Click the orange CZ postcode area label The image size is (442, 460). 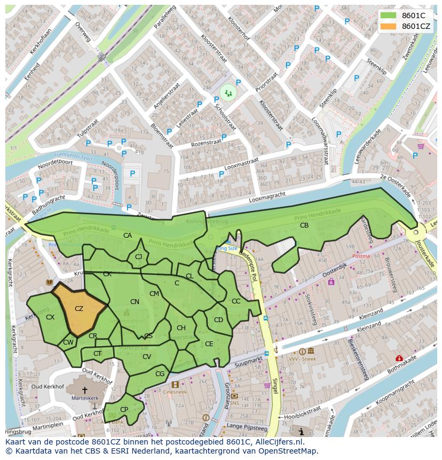coord(79,309)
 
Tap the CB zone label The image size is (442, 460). coord(304,225)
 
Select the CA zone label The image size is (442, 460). coord(128,236)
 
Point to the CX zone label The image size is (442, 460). coord(50,317)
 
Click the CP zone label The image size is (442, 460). coord(124,410)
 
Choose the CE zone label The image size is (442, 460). coord(209,344)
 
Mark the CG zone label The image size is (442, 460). coord(160,374)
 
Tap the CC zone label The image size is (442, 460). coord(236,301)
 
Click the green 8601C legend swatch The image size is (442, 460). coord(388,15)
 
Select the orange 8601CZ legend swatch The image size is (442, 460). coord(388,26)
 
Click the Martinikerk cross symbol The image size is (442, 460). coord(85,391)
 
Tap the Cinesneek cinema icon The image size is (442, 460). coord(175,384)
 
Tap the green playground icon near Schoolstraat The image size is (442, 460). coord(228,92)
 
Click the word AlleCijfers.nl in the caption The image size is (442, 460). coord(277,442)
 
